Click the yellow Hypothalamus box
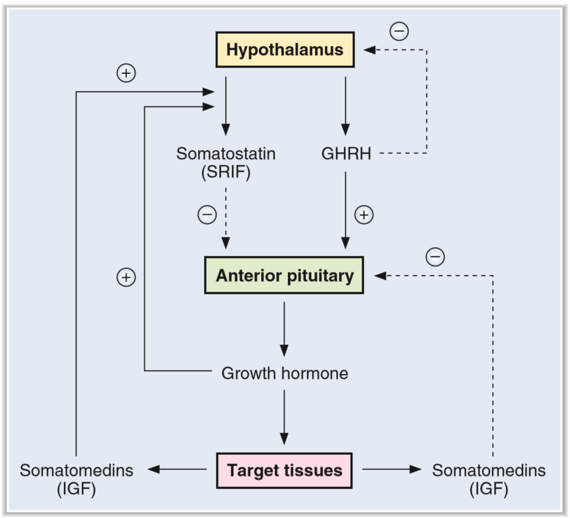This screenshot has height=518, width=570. pyautogui.click(x=285, y=50)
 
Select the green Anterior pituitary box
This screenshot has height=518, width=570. pyautogui.click(x=284, y=275)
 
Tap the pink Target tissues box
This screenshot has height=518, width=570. pyautogui.click(x=284, y=470)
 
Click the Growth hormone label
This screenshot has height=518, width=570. pyautogui.click(x=284, y=373)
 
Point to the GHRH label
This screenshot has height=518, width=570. pyautogui.click(x=346, y=154)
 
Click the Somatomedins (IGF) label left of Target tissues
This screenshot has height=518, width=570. pyautogui.click(x=76, y=479)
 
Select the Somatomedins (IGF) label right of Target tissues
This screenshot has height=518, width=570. pyautogui.click(x=488, y=479)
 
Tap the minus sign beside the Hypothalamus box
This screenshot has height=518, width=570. pyautogui.click(x=399, y=31)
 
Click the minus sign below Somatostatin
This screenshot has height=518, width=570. pyautogui.click(x=207, y=215)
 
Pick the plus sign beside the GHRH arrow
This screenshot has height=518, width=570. pyautogui.click(x=364, y=215)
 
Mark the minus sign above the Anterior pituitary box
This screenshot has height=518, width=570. pyautogui.click(x=435, y=256)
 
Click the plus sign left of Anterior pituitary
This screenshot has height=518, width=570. pyautogui.click(x=126, y=277)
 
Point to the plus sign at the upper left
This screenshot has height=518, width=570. pyautogui.click(x=126, y=73)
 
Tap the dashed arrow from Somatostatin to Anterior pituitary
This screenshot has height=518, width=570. pyautogui.click(x=226, y=218)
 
